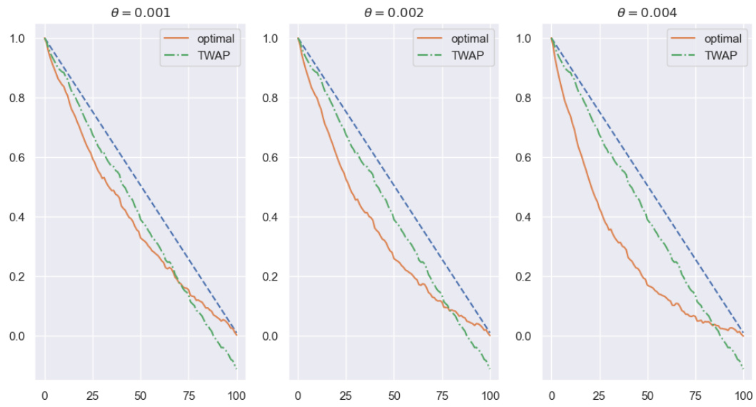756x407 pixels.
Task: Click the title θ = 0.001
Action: [x=141, y=13]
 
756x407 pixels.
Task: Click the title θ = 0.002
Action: [x=394, y=13]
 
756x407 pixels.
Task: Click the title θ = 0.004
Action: [x=647, y=13]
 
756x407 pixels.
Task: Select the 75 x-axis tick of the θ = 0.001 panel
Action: [x=188, y=394]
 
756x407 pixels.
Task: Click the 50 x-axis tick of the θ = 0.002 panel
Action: [x=394, y=394]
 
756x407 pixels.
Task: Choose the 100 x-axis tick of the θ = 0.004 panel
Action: [x=743, y=394]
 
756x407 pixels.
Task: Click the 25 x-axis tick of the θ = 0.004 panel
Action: [x=600, y=394]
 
